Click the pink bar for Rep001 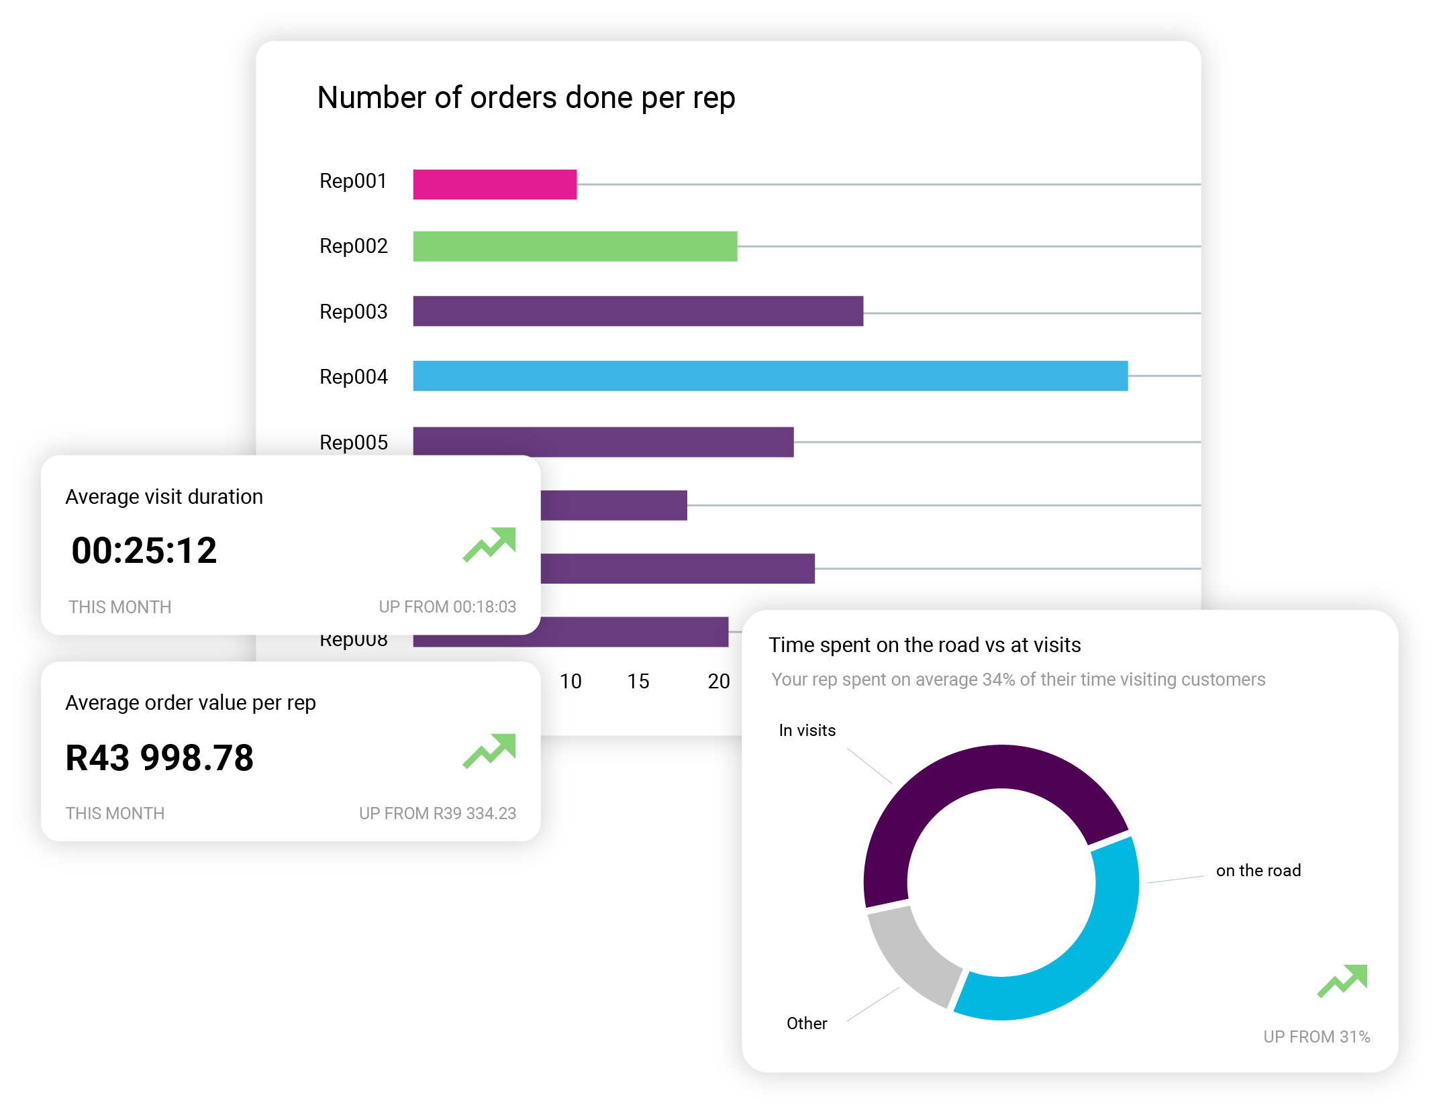point(495,184)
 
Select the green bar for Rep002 point(575,246)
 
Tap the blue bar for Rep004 point(770,376)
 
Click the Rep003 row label point(353,312)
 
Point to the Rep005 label point(353,443)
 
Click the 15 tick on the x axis point(638,682)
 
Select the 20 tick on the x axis point(718,682)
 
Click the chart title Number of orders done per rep point(526,98)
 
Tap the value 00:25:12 point(144,551)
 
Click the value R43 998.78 point(159,758)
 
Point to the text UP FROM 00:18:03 point(447,607)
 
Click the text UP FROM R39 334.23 point(437,814)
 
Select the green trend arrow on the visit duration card point(490,544)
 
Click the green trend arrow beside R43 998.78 point(490,751)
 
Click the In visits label point(807,731)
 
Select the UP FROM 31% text point(1316,1037)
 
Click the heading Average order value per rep point(190,703)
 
